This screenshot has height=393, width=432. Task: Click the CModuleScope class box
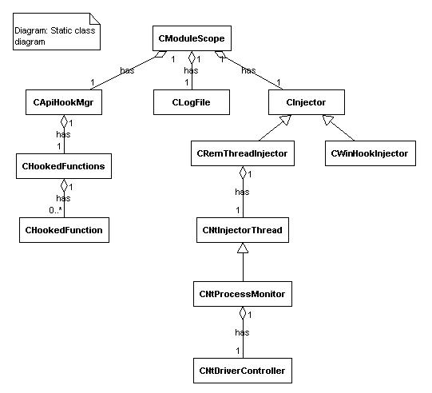click(x=192, y=38)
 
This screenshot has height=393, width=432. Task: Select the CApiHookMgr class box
click(x=64, y=102)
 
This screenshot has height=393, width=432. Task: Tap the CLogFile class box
click(x=192, y=102)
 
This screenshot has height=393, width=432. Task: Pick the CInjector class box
click(x=307, y=102)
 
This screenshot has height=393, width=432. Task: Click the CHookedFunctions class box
click(x=64, y=166)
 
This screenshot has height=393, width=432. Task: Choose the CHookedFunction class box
click(x=64, y=230)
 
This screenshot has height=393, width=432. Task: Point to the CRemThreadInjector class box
click(x=243, y=153)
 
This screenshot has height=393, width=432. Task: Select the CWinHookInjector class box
click(x=371, y=153)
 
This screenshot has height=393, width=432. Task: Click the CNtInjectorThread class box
click(x=243, y=230)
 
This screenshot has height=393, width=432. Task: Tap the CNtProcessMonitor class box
click(x=243, y=294)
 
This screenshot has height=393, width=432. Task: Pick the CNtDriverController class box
click(x=243, y=371)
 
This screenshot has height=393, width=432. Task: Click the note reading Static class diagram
click(x=57, y=31)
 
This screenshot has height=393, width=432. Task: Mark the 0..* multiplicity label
click(x=55, y=210)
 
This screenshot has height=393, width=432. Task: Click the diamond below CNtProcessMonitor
click(x=243, y=313)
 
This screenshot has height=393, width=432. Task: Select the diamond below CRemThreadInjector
click(x=243, y=173)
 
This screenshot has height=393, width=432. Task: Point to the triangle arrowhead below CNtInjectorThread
click(x=243, y=248)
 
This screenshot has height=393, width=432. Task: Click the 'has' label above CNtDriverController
click(x=242, y=332)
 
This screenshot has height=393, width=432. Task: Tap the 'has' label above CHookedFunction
click(x=63, y=198)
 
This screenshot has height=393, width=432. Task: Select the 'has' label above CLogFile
click(x=191, y=70)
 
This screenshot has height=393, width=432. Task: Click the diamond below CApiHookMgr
click(x=64, y=121)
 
